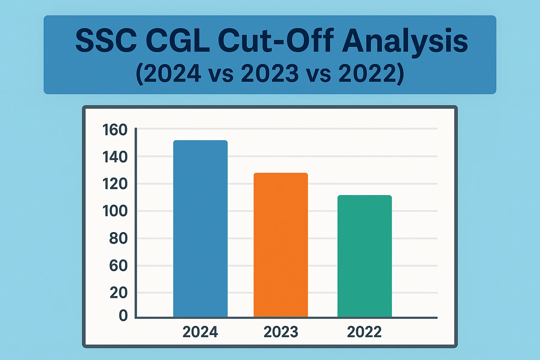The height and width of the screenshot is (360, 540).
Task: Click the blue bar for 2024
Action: pos(200,229)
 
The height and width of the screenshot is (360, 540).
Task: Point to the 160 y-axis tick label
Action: pos(115,130)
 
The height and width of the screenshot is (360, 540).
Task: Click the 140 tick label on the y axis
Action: pos(115,157)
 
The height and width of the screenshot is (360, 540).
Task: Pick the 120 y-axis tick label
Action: pos(115,184)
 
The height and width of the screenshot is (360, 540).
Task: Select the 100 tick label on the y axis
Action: pos(115,211)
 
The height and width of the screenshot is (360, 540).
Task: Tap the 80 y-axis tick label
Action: pos(118,238)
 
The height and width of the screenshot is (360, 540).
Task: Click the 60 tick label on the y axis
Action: pos(118,265)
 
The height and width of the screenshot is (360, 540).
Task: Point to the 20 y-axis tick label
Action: pos(118,292)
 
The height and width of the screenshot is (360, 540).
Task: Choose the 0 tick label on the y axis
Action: pos(123,315)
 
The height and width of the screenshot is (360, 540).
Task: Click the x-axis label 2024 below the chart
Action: pos(200,332)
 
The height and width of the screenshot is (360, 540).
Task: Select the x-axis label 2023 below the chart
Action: pos(281,332)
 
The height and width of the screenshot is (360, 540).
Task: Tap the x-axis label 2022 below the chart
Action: pos(364,332)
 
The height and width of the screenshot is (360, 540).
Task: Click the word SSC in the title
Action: pos(106,41)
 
